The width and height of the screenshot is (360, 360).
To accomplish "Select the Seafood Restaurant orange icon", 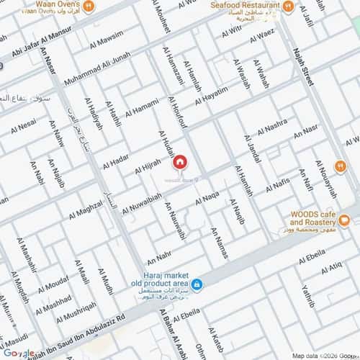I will pos(287,6).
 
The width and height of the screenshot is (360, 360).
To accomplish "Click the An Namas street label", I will pos(219,243).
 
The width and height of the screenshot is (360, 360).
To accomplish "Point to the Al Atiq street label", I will pos(330,270).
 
